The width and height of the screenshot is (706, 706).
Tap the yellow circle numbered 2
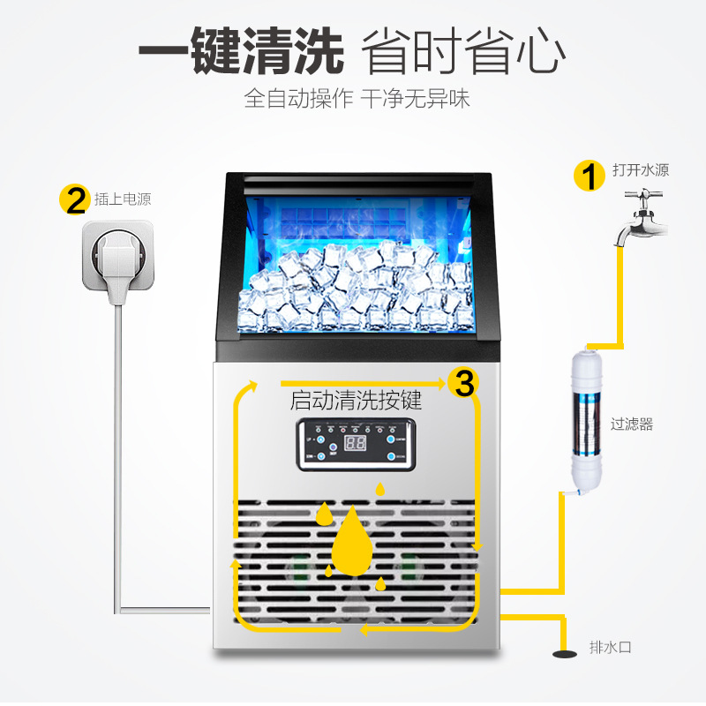(73, 199)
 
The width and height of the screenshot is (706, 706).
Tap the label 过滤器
(632, 424)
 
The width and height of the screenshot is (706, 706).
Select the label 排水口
(611, 648)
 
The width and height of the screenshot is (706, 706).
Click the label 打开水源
(641, 169)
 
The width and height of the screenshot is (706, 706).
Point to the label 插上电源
(123, 199)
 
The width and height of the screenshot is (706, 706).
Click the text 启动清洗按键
(356, 401)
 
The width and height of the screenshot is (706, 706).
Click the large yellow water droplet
(352, 540)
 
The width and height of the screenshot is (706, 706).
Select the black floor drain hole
(562, 654)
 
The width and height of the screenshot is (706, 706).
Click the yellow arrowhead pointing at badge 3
(440, 384)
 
